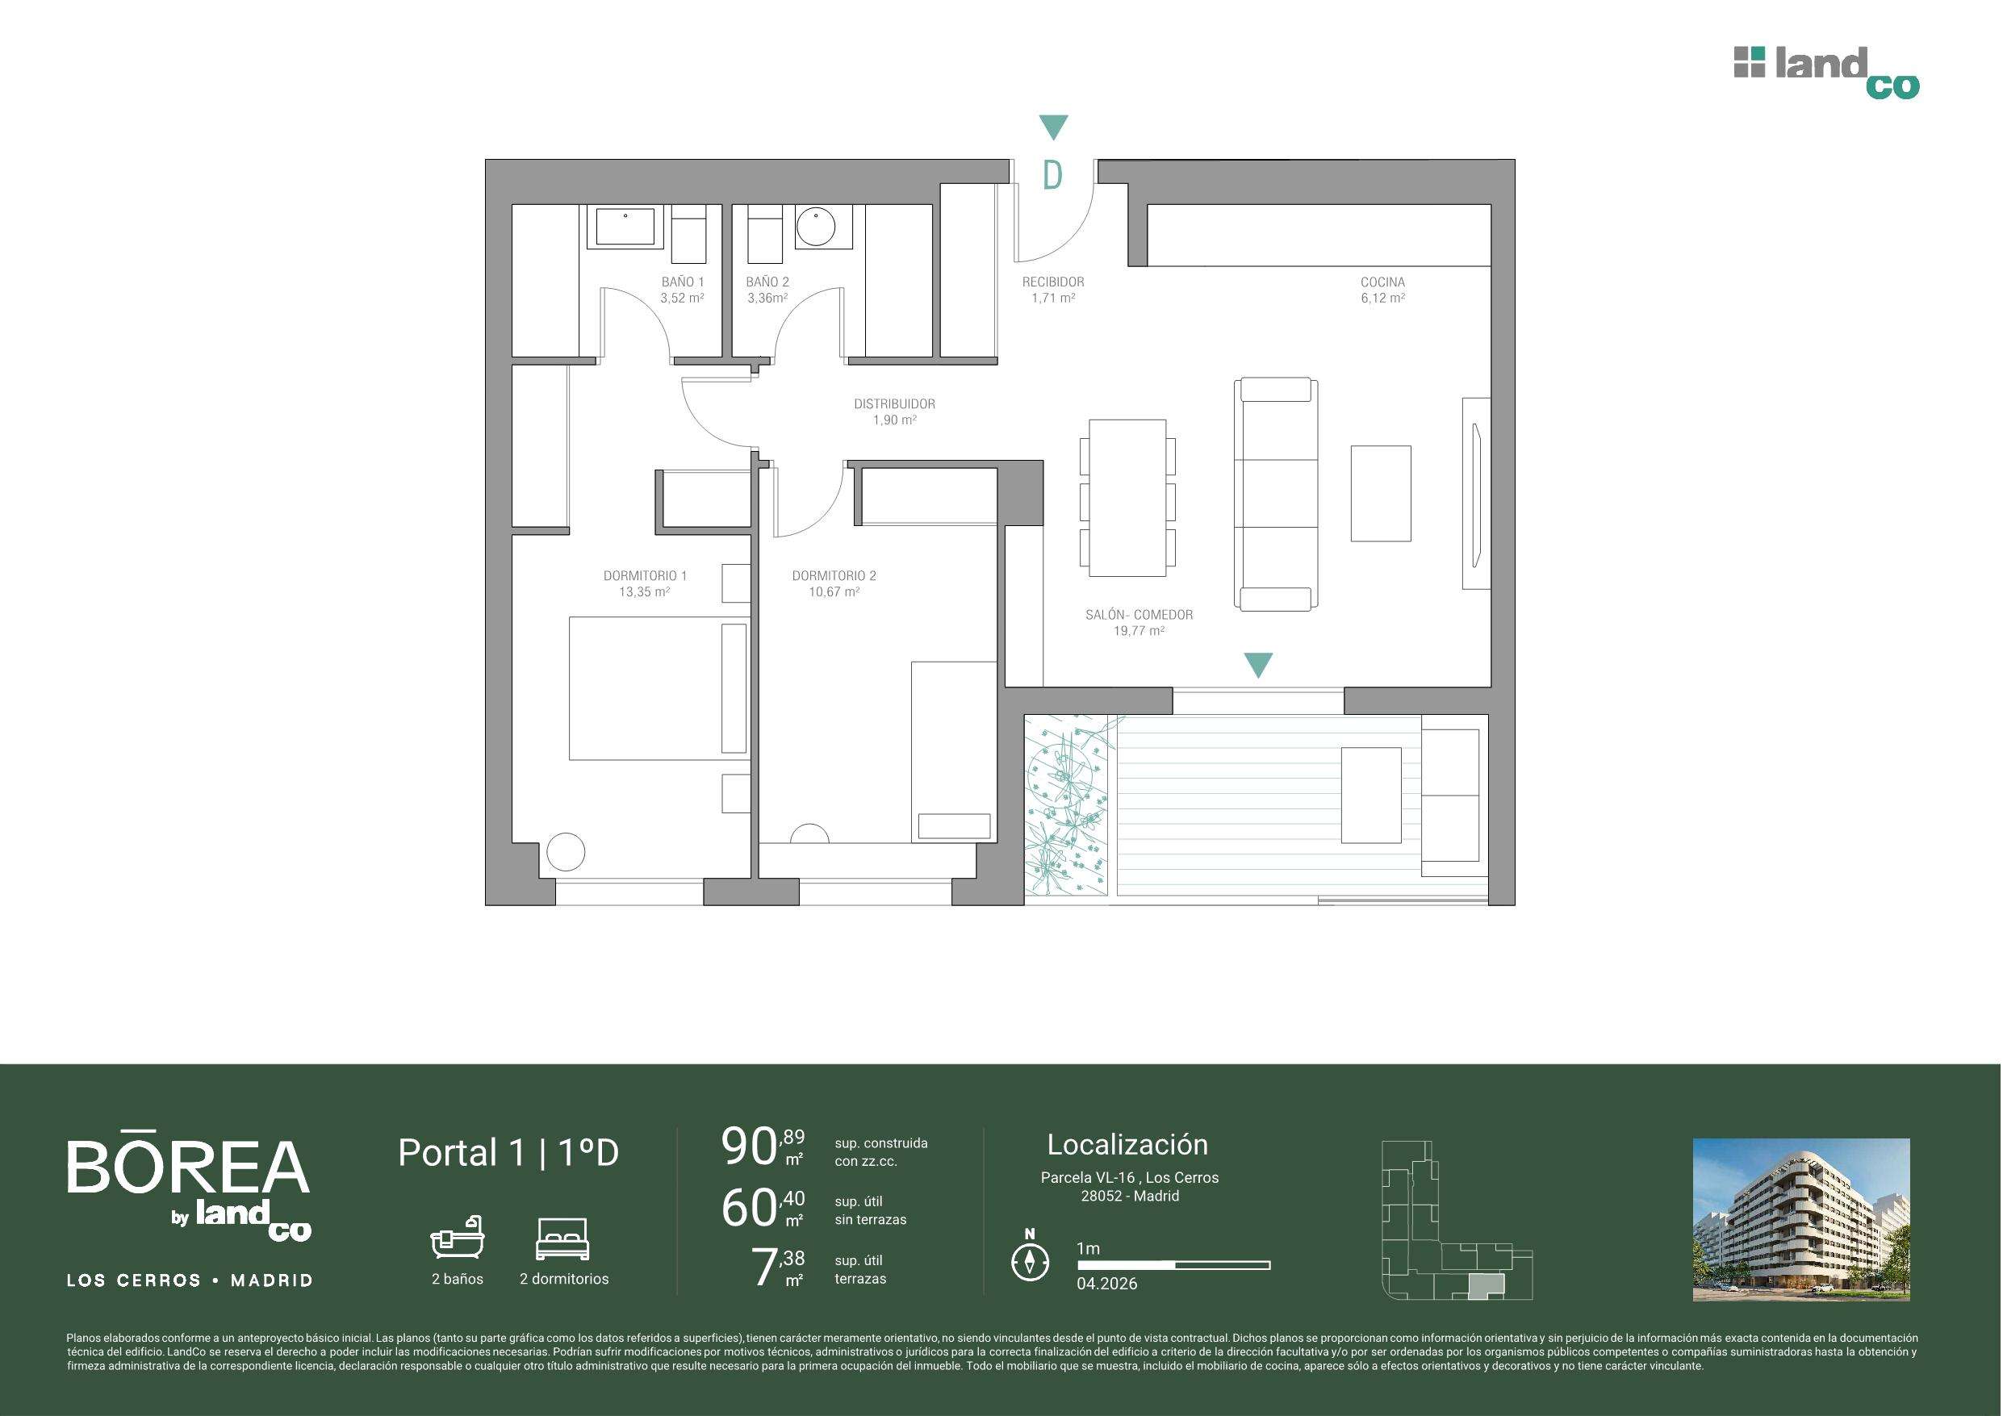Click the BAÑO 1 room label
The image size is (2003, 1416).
[x=682, y=282]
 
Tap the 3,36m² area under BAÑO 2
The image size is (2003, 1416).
[x=767, y=298]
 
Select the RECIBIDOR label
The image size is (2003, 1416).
[x=1053, y=282]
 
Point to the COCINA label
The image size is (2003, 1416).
[x=1382, y=282]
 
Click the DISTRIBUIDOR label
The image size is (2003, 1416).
[x=894, y=404]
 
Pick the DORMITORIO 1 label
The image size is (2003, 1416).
[x=645, y=576]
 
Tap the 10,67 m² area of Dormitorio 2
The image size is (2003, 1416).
[x=834, y=591]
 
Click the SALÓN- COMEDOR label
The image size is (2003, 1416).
[x=1139, y=614]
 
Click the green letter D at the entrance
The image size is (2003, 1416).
[x=1053, y=175]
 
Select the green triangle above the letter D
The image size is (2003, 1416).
[x=1054, y=127]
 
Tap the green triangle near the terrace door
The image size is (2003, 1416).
[x=1257, y=665]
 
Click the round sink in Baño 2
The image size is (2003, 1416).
[x=817, y=227]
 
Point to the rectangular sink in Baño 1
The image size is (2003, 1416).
[x=625, y=226]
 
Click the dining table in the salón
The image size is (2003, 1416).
[x=1127, y=498]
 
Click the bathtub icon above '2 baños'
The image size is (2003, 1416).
[x=457, y=1237]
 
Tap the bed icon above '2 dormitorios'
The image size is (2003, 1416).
[x=563, y=1238]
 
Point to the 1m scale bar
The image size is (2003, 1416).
[x=1173, y=1264]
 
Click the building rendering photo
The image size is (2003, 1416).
[x=1801, y=1220]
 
